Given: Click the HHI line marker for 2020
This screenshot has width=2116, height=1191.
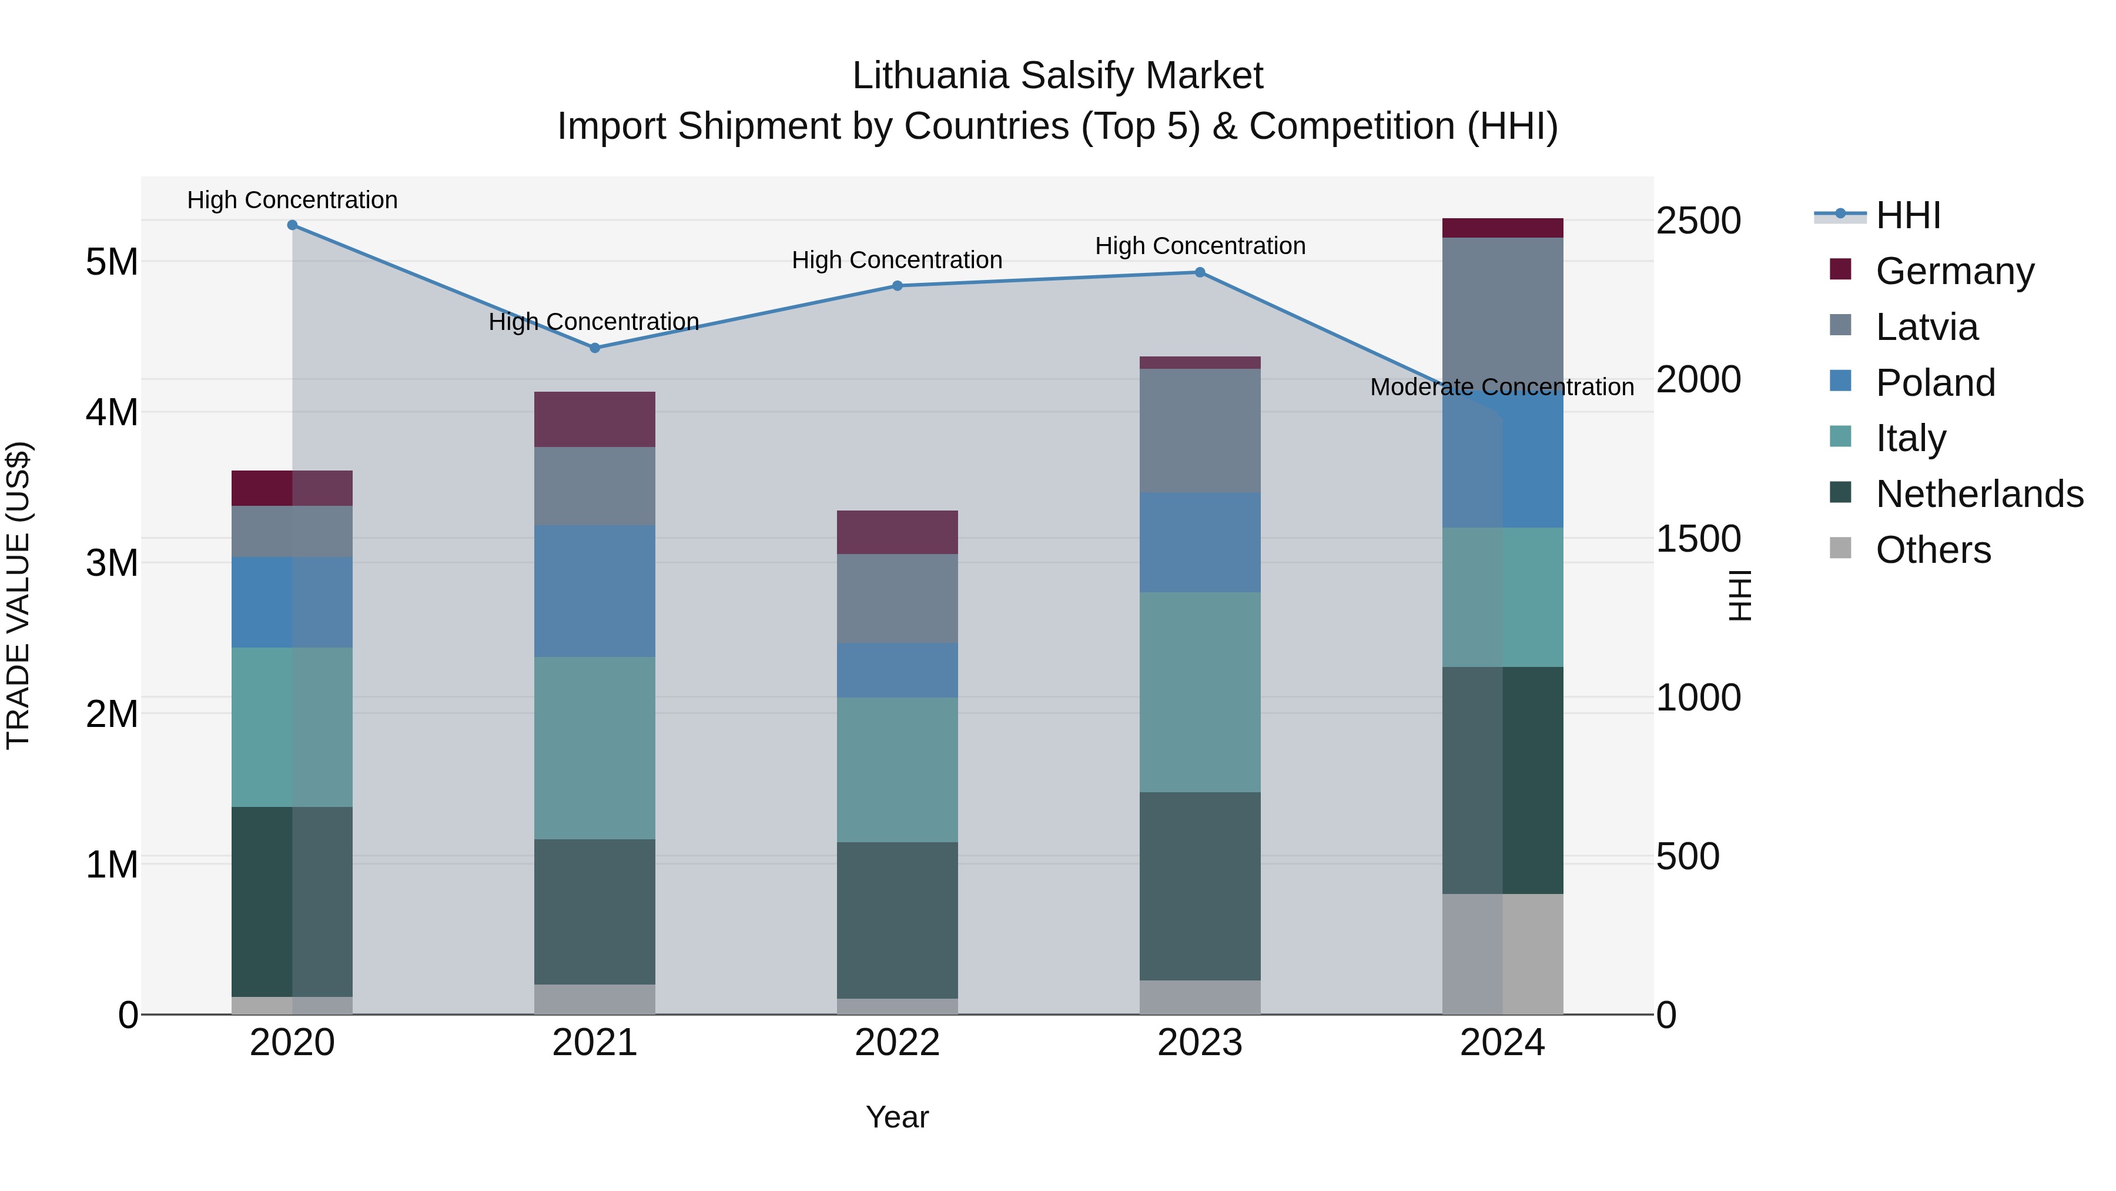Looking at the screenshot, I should point(293,225).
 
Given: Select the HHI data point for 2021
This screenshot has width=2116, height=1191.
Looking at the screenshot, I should point(595,348).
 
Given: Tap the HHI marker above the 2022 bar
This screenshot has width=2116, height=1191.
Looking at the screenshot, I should point(897,286).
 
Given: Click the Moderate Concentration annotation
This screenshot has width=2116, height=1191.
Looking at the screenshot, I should point(1502,387).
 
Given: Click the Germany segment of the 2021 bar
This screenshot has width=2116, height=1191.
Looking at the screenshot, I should point(595,419).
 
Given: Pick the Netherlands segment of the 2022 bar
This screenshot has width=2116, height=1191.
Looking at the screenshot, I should point(897,920).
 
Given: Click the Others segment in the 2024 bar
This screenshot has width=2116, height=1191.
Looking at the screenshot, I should point(1502,953).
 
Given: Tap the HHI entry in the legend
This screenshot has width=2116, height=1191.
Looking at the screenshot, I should point(1907,215).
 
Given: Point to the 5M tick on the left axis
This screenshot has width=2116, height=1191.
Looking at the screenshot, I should point(112,262).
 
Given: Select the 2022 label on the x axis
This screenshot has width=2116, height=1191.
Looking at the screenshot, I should point(897,1043).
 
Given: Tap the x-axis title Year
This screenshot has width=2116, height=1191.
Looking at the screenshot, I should point(897,1117).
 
